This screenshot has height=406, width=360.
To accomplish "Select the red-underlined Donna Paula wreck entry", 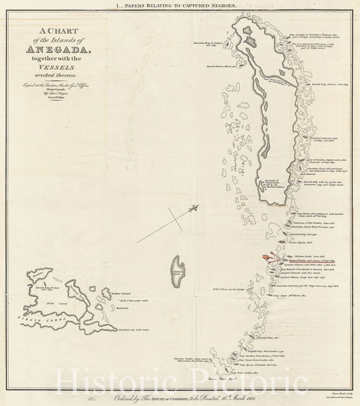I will tap(297, 259).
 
